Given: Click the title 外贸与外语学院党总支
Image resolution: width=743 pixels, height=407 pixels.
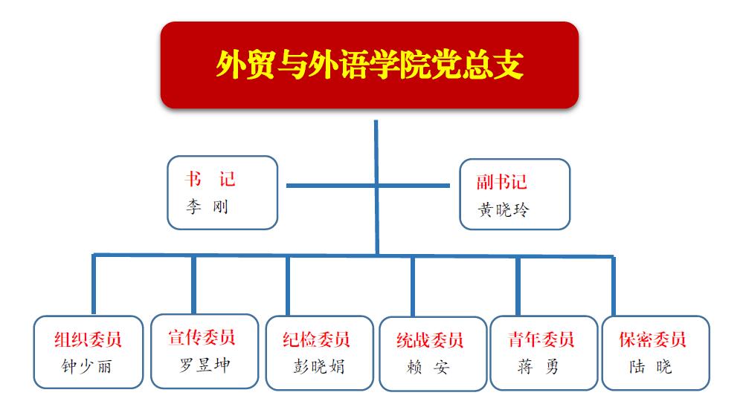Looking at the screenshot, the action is tap(370, 65).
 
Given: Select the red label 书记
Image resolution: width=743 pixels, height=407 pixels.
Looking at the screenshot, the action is tap(210, 179).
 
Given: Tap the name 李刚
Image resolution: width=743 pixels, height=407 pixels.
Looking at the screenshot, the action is tap(207, 206).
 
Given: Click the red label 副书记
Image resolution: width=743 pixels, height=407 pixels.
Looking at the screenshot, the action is tap(501, 182).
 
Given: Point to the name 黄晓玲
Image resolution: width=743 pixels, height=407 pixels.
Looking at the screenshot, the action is tap(504, 209).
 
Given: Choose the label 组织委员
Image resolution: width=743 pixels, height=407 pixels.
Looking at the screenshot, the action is tap(89, 339).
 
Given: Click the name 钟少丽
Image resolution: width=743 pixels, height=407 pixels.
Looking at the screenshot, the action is tap(86, 366).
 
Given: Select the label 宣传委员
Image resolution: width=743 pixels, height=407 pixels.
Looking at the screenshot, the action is tap(202, 337).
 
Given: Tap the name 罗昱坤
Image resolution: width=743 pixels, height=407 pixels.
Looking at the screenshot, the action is tap(205, 365).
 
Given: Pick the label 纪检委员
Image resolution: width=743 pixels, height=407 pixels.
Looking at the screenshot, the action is tap(316, 339).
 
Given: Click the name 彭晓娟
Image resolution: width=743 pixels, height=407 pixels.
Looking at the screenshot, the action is tap(319, 366).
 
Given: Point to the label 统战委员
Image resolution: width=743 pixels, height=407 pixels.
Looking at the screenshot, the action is tap(430, 340).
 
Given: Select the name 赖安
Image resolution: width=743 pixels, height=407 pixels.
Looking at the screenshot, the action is tap(428, 367).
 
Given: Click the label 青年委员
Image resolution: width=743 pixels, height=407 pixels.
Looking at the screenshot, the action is tap(541, 339).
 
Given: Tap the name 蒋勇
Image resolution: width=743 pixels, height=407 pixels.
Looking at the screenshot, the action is tap(538, 366).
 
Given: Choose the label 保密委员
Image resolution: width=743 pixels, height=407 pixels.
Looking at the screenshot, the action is tap(652, 339).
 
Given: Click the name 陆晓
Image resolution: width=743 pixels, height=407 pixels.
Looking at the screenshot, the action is tap(651, 366).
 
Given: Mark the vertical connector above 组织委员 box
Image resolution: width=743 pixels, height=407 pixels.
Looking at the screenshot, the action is tap(94, 284).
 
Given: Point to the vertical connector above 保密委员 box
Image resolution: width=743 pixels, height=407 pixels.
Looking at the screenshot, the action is tap(613, 287).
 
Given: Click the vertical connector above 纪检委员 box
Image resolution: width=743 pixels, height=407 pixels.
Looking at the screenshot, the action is tap(288, 285).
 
